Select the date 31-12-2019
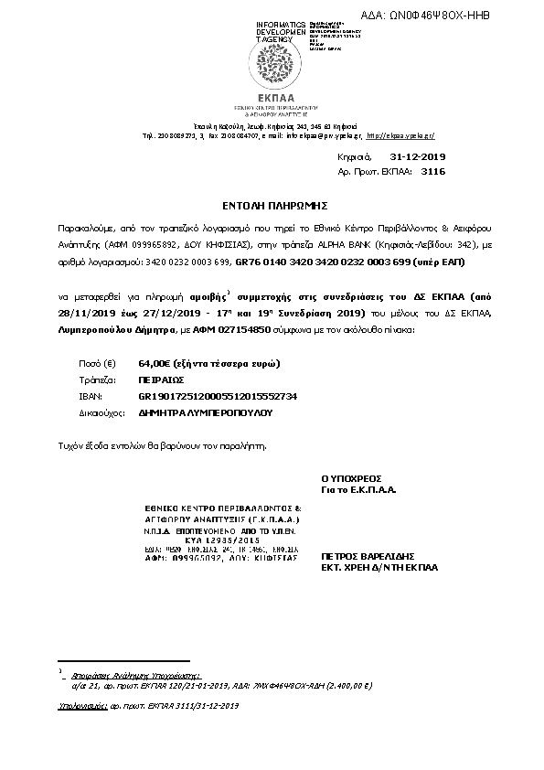click(416, 157)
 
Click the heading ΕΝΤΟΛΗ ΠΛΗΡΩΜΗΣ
click(272, 207)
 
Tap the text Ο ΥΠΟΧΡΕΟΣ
click(350, 477)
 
